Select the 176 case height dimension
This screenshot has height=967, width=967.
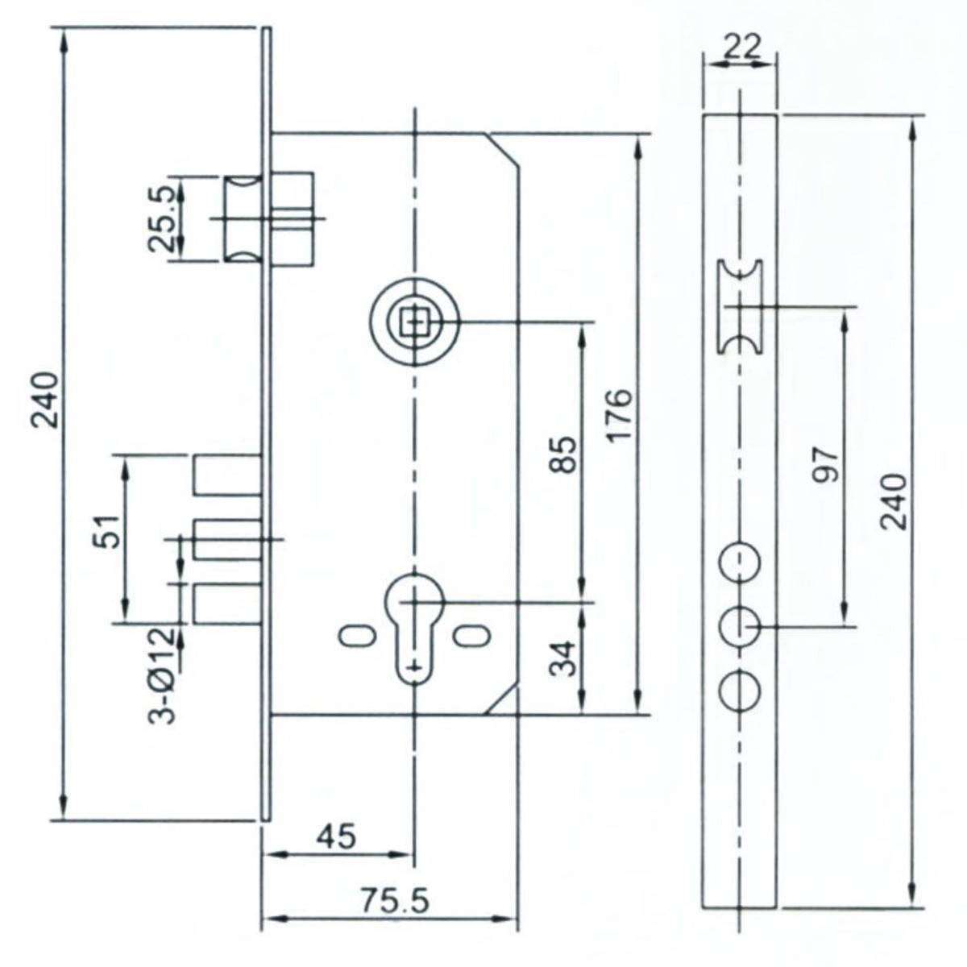click(619, 415)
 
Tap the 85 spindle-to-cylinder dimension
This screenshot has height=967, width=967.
click(567, 454)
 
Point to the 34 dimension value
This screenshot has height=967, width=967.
click(567, 658)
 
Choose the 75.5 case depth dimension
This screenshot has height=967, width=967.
click(394, 901)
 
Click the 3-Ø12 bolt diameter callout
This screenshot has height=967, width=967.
click(164, 675)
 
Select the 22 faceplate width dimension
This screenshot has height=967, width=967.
click(741, 47)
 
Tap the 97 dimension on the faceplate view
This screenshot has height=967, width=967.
click(827, 465)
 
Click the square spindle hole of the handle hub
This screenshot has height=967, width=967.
click(415, 323)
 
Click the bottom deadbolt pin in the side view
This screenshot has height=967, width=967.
click(228, 603)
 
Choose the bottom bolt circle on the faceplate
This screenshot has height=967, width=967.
click(740, 691)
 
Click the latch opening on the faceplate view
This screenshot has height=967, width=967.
click(741, 306)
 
